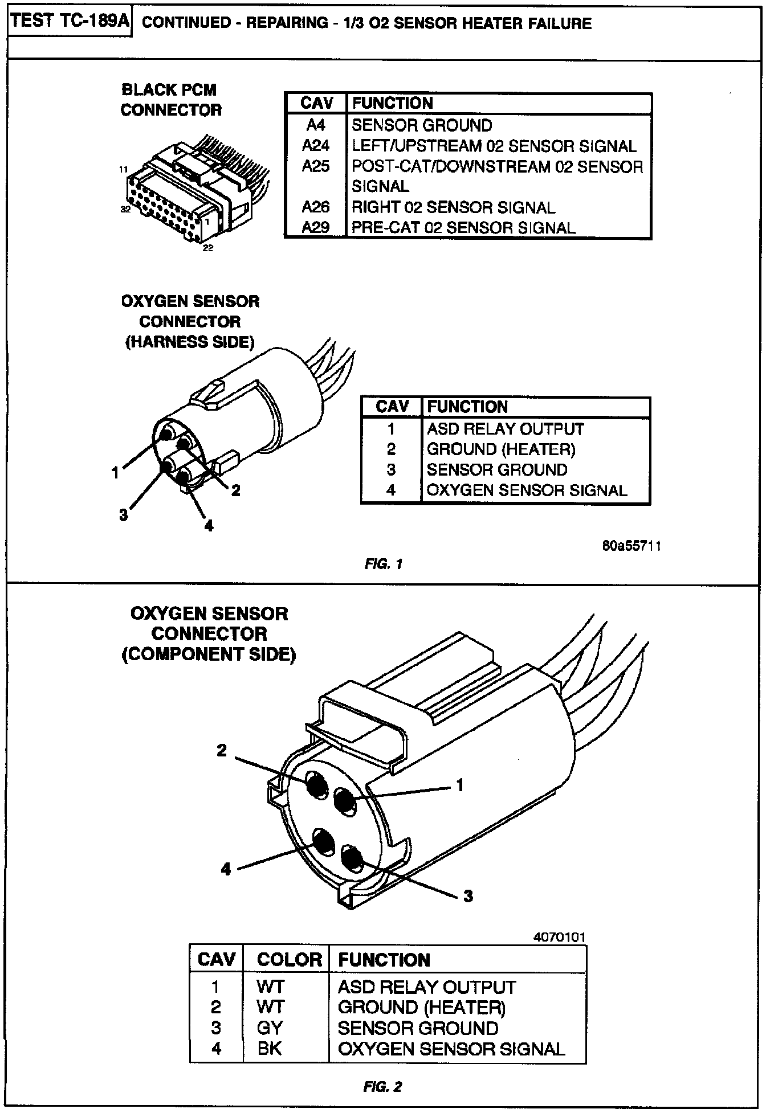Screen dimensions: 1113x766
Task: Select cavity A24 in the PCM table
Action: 316,146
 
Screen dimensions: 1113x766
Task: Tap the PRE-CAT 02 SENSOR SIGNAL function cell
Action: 463,228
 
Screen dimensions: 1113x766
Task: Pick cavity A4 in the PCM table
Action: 316,125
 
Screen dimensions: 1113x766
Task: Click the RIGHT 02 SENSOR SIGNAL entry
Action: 453,207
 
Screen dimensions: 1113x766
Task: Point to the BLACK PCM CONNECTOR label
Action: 170,100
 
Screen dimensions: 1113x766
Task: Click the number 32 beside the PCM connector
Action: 125,209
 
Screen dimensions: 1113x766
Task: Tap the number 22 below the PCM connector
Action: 208,248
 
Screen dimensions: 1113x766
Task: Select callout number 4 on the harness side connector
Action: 209,525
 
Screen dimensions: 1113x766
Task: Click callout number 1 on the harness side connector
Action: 116,472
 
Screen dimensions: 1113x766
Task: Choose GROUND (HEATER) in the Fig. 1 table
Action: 501,449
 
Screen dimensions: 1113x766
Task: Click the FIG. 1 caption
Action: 384,564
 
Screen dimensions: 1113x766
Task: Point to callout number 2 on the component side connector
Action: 222,751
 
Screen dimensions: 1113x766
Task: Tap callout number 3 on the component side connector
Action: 468,896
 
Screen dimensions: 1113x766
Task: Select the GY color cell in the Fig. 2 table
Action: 270,1028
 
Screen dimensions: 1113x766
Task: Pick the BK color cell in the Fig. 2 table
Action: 270,1048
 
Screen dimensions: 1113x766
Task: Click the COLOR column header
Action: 289,959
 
